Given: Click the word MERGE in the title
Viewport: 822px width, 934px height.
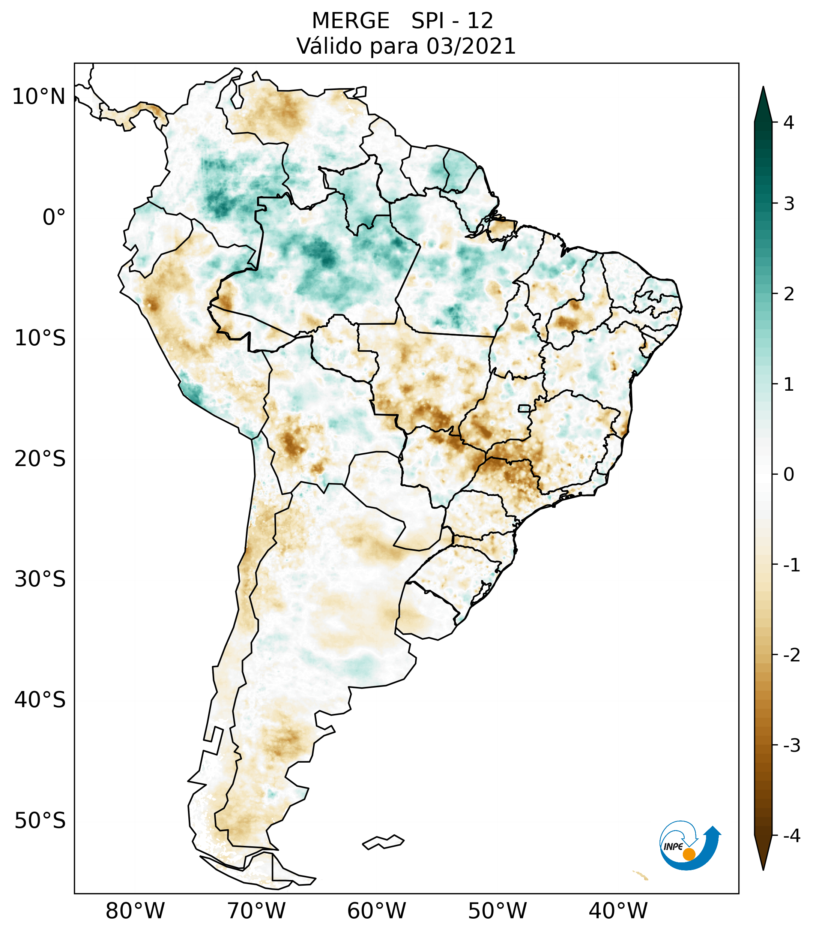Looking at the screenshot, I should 351,21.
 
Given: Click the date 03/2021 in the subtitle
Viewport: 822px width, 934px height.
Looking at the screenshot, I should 471,46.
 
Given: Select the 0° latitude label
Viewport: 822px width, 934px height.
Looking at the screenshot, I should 54,217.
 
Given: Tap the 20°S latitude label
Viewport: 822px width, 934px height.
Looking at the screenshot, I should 40,459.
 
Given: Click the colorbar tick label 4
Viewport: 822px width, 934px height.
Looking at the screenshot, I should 789,123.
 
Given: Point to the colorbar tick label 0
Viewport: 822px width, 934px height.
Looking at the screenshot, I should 789,475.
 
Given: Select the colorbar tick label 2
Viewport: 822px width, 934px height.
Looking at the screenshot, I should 789,294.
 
